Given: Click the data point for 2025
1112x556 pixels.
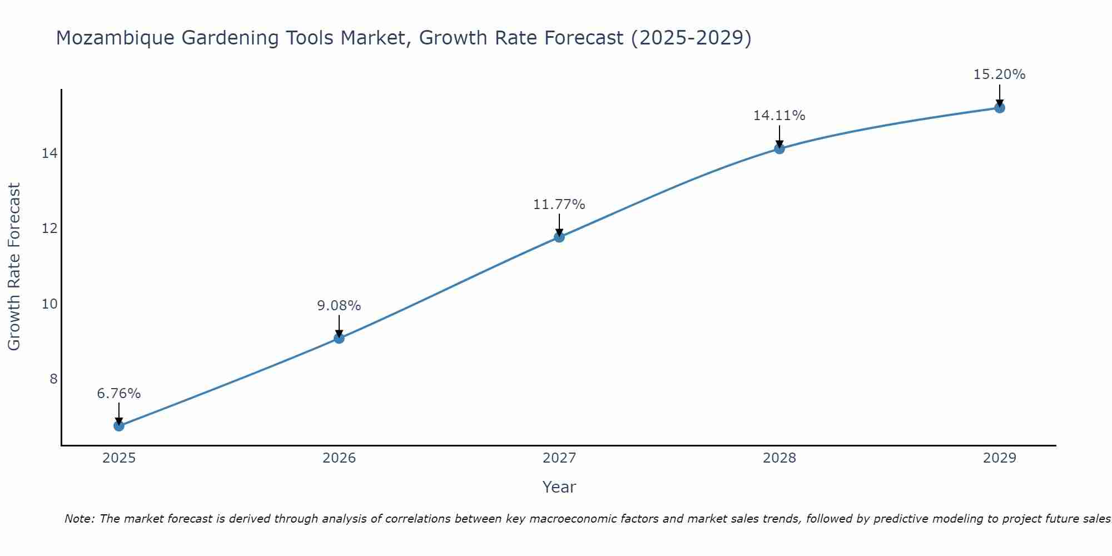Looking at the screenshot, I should (119, 426).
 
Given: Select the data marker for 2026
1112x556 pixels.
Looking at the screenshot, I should (339, 338).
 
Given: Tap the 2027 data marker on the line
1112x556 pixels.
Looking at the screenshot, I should (559, 237).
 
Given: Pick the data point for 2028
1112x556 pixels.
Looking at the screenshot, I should (780, 148).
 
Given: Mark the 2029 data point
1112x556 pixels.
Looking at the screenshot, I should (1000, 108).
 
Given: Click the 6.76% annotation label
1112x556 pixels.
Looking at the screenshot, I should (119, 394).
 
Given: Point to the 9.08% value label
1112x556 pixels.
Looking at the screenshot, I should (339, 306).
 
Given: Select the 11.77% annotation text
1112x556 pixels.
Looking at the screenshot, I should (559, 205).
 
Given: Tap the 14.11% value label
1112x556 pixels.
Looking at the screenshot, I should (780, 116).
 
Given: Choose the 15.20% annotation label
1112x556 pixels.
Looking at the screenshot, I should (1000, 75).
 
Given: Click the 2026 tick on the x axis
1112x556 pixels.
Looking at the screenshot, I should (339, 458).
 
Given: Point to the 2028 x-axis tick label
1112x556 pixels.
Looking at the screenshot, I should (780, 458).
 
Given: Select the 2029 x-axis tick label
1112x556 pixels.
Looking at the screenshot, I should (1000, 458).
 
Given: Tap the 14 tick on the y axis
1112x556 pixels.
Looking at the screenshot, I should (49, 153).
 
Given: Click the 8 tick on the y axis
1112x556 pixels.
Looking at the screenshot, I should (53, 379).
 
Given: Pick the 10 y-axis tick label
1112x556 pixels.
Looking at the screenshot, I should (49, 304).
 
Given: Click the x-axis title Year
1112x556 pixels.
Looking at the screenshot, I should (559, 487).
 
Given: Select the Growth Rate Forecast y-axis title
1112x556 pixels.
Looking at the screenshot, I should (14, 267).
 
